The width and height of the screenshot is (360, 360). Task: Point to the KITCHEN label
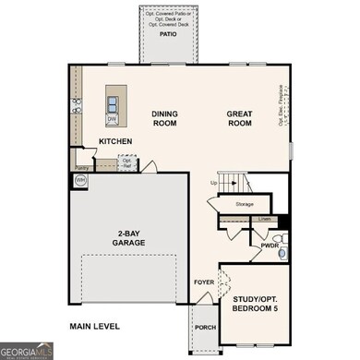[115, 141]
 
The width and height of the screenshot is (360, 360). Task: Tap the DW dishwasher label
[112, 119]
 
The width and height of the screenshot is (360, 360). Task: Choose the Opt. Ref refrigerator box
[126, 162]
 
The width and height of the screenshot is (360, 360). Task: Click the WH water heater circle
[81, 181]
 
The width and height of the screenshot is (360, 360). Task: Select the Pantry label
[82, 168]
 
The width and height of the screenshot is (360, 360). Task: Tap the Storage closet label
[245, 203]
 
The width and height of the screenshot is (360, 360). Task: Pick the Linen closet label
[265, 219]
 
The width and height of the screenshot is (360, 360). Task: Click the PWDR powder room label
[270, 246]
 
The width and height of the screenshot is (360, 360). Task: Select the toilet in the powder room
[284, 251]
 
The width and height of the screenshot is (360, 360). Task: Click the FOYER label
[203, 282]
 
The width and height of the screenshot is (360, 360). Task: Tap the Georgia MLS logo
[27, 351]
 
